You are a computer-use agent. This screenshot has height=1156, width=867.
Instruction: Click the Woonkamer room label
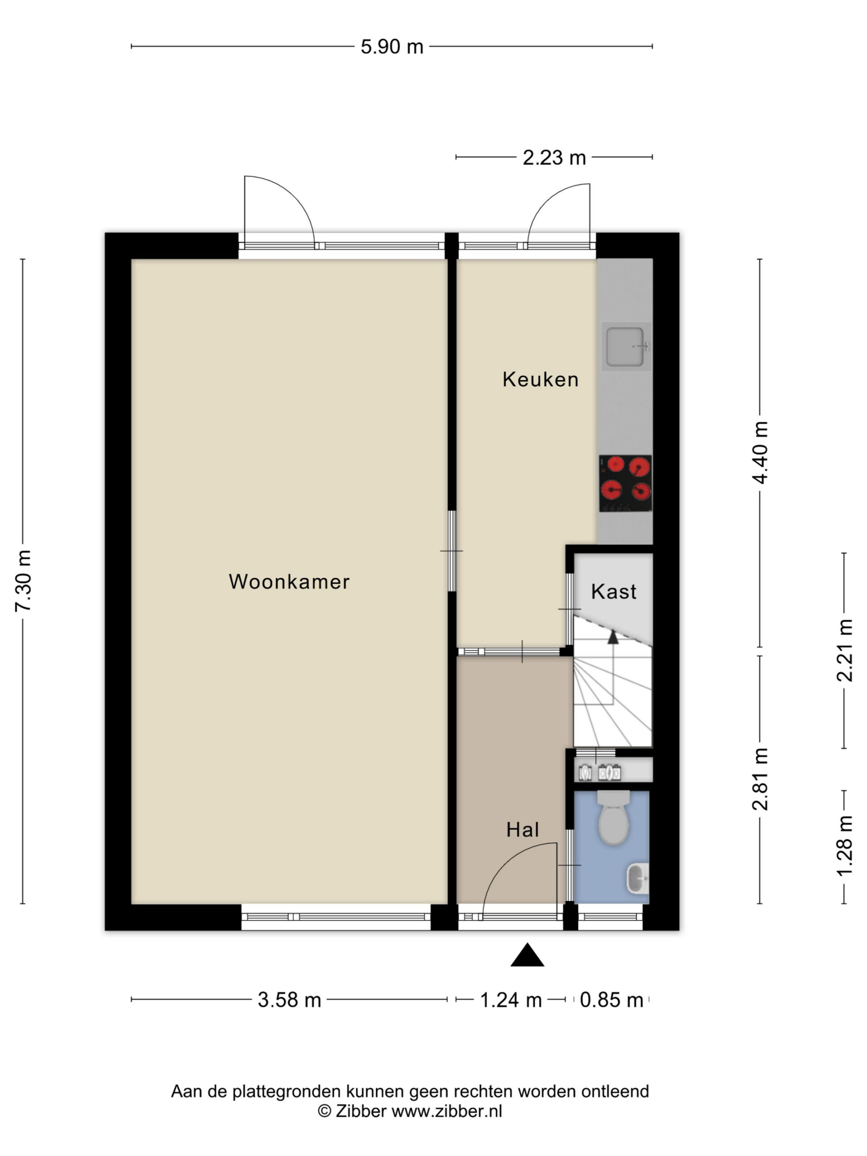click(289, 581)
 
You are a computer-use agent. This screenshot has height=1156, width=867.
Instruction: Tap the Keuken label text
click(541, 379)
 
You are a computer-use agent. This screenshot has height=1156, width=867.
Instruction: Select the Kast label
click(614, 592)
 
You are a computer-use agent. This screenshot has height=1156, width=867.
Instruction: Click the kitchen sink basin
click(625, 346)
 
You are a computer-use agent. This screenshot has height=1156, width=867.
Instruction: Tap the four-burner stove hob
click(625, 484)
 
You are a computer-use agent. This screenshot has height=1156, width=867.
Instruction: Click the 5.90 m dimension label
click(392, 47)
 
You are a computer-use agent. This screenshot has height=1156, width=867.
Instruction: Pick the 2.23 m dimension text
click(555, 157)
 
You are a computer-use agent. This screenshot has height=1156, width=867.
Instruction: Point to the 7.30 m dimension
click(23, 581)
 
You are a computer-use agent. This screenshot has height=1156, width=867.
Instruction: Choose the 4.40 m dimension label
click(760, 452)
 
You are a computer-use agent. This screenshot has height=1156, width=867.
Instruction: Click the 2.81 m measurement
click(760, 779)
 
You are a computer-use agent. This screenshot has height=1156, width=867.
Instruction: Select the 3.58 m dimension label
click(289, 1000)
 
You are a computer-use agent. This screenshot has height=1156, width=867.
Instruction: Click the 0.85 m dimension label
click(611, 1000)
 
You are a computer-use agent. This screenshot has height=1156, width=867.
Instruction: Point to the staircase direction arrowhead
click(613, 637)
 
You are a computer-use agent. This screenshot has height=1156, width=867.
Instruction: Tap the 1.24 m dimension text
click(511, 1000)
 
